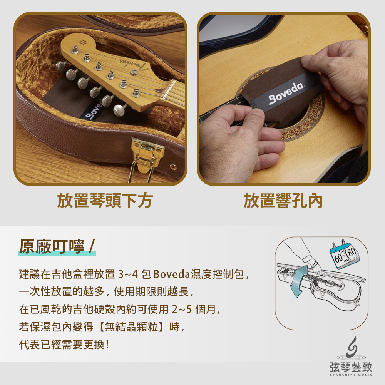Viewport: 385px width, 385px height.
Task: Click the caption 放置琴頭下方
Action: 105,201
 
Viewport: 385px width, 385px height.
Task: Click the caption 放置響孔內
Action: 283,201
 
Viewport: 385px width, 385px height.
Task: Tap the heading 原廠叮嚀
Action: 52,246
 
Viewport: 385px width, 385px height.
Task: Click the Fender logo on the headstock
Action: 134,64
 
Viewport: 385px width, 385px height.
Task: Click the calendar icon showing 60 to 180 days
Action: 344,254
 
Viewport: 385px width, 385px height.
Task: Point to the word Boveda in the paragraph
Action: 172,274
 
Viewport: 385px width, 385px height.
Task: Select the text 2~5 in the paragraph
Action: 182,310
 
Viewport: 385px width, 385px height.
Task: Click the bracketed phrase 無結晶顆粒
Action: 131,327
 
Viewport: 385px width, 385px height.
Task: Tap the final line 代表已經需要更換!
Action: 64,345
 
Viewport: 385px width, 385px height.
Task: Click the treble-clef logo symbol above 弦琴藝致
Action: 352,347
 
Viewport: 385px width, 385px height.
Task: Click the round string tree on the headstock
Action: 134,72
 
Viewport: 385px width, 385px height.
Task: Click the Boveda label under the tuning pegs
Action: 94,110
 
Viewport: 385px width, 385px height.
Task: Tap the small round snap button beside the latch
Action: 173,167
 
